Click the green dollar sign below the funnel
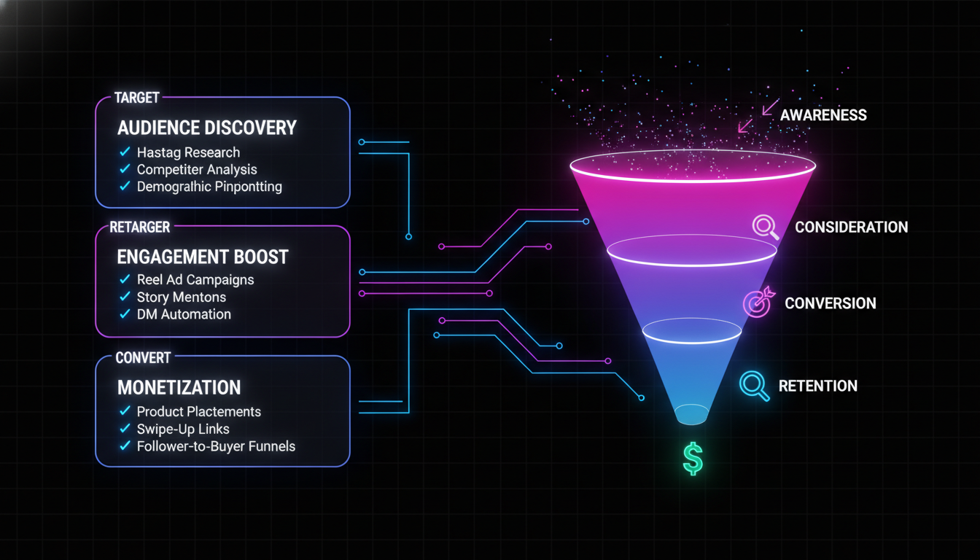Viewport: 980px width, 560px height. click(693, 459)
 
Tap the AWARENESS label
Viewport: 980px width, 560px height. click(823, 115)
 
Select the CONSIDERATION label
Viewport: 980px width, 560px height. click(851, 227)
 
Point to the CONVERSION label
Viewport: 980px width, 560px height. click(831, 303)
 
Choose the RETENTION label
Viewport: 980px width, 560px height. click(817, 386)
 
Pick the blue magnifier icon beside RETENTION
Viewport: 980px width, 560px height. click(755, 386)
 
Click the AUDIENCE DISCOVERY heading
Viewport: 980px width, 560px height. click(207, 128)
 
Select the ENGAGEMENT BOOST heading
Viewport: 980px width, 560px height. click(203, 257)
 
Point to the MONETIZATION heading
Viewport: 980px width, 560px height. click(179, 386)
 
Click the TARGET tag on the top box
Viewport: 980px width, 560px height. click(136, 98)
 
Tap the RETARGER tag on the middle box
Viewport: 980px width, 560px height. click(139, 227)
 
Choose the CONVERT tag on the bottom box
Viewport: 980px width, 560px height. click(143, 357)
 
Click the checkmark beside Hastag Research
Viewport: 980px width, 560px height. click(124, 152)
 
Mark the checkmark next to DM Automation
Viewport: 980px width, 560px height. click(124, 314)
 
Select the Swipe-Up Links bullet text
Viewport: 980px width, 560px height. click(183, 429)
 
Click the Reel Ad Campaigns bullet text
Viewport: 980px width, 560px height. click(195, 279)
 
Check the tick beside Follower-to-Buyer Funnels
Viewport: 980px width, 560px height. click(124, 446)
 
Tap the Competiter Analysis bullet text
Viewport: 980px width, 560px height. click(197, 169)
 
